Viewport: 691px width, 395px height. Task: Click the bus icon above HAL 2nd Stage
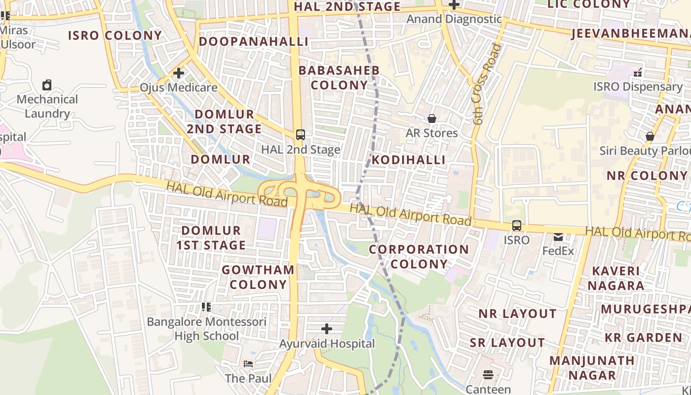pos(300,134)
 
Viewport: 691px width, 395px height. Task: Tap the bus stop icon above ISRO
pos(516,226)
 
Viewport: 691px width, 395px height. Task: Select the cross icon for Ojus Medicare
pos(179,73)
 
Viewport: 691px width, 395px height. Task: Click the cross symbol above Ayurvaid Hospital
pos(327,329)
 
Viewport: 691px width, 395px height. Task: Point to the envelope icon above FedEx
pos(558,237)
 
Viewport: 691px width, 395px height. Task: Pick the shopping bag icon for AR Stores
pos(432,118)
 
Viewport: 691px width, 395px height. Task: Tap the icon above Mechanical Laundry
pos(47,85)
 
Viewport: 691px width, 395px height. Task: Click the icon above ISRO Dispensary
pos(638,73)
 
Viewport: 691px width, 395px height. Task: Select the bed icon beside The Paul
pos(248,364)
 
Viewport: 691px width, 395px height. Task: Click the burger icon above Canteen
pos(488,375)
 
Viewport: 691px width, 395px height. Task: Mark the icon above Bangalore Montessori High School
pos(206,307)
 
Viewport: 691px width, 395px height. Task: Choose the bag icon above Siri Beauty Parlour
pos(650,136)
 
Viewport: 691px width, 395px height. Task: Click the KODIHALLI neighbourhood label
pos(408,160)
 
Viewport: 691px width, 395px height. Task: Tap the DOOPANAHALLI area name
pos(253,41)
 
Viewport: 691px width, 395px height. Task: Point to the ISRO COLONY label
pos(115,36)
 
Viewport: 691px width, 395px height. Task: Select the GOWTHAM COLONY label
pos(258,277)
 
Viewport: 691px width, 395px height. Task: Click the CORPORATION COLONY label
pos(419,257)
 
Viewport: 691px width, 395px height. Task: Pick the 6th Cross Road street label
pos(486,84)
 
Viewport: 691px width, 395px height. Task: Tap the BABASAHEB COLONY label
pos(340,78)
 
